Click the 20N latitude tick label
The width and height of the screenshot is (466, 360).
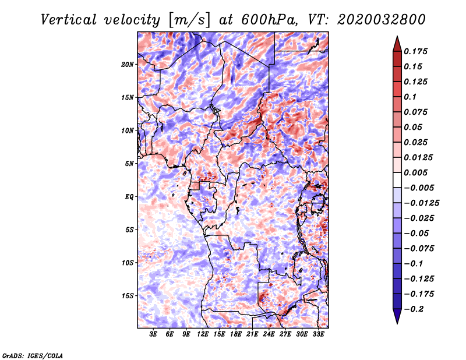128,64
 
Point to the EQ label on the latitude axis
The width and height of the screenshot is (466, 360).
129,197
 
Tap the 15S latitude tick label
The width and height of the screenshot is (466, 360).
128,296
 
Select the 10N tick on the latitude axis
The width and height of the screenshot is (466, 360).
128,130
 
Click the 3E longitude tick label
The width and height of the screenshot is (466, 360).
154,334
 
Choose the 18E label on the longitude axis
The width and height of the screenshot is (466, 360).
236,334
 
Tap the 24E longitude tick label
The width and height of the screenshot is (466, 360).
269,334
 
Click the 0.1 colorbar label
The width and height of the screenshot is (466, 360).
411,97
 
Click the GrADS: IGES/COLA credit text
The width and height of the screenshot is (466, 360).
33,354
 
